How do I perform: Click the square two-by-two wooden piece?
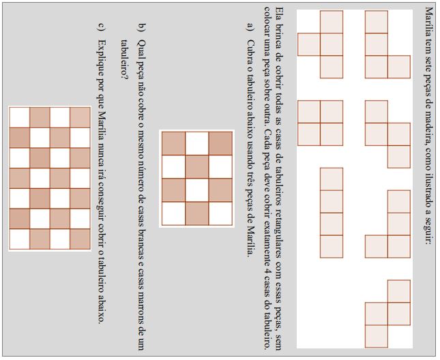[x=320, y=123]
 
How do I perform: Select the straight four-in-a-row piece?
[x=332, y=213]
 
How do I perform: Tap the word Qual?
[x=142, y=49]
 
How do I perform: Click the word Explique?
[x=102, y=57]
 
